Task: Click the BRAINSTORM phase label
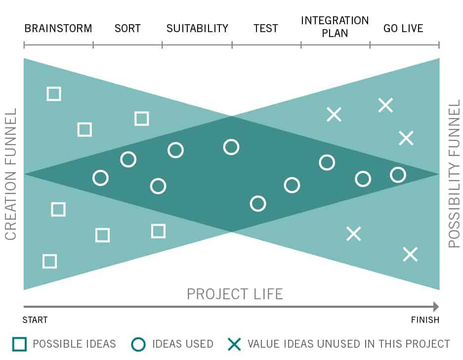pyautogui.click(x=58, y=28)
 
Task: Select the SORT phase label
pyautogui.click(x=127, y=28)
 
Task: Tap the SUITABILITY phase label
pyautogui.click(x=197, y=28)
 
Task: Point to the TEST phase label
pyautogui.click(x=266, y=28)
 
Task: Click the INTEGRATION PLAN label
pyautogui.click(x=335, y=27)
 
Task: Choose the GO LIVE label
pyautogui.click(x=403, y=28)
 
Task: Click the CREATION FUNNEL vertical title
pyautogui.click(x=11, y=174)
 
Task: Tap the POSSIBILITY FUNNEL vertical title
pyautogui.click(x=454, y=173)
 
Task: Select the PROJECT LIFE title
pyautogui.click(x=235, y=294)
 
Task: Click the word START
pyautogui.click(x=35, y=320)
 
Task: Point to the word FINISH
pyautogui.click(x=425, y=320)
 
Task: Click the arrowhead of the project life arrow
pyautogui.click(x=436, y=307)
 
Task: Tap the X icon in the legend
pyautogui.click(x=234, y=344)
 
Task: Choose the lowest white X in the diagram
pyautogui.click(x=411, y=254)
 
